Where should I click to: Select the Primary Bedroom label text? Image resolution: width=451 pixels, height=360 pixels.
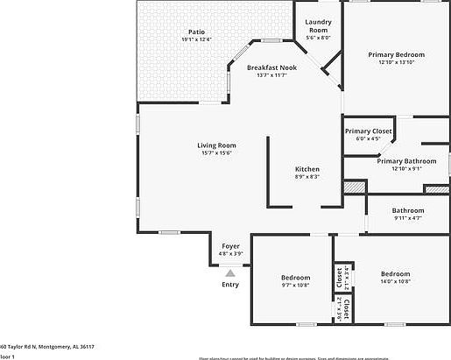pos(396,55)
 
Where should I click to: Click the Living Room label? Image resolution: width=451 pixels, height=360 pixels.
pos(215,145)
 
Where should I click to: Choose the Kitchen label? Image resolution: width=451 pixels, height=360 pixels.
pos(307,169)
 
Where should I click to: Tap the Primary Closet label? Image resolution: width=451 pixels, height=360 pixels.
pos(368,131)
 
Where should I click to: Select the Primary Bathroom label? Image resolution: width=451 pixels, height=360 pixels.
pos(406,161)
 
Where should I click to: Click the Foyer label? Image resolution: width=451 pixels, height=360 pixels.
pos(230,246)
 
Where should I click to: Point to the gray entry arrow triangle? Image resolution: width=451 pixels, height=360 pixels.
pos(230,273)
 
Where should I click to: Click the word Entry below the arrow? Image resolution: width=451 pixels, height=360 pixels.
pos(230,284)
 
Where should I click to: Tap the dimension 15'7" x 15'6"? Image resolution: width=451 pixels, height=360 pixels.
pos(215,153)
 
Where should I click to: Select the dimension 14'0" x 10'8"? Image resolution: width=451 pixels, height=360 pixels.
pos(396,281)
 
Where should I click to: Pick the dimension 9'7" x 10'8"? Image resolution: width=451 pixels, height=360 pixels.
pos(296,285)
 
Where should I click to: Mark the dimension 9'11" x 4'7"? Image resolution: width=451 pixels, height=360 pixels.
pos(407,218)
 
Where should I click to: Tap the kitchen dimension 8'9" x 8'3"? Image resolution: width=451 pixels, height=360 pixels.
pos(307,177)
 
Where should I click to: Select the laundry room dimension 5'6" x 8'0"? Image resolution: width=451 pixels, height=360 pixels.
pos(317,38)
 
